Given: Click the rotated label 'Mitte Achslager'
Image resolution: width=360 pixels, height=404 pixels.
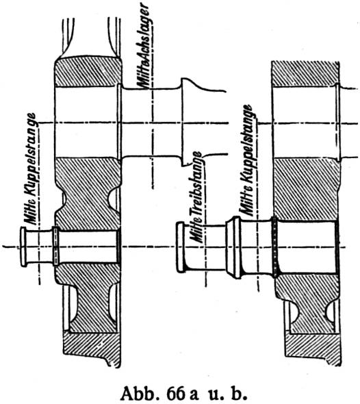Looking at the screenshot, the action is pos(144,47).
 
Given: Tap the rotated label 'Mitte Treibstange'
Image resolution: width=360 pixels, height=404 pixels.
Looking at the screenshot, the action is pos(197,197).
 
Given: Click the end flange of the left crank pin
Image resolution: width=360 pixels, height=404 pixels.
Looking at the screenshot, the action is pos(23,247).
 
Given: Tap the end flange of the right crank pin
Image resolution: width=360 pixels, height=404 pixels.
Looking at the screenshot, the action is pos(180,247).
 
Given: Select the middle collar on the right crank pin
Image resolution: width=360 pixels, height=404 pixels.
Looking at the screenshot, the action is pos(234,247).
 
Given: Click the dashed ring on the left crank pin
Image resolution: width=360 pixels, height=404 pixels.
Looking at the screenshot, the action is pos(55,247).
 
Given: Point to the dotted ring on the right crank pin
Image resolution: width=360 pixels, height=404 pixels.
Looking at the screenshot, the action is pos(275,247).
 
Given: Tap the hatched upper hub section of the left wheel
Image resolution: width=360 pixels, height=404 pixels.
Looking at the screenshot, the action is pos(88,72).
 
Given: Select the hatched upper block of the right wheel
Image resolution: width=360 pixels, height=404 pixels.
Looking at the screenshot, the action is pos(306,74).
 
